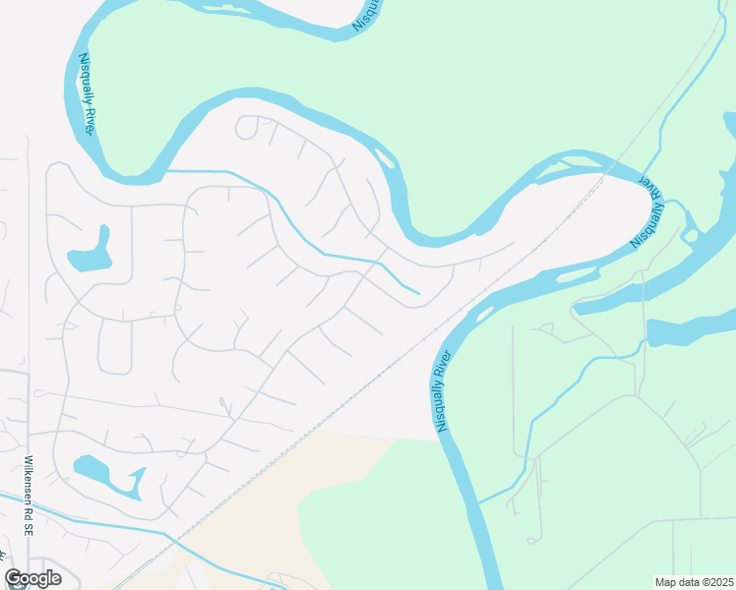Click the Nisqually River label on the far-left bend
(88, 94)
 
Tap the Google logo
(32, 578)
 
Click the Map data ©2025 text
(694, 582)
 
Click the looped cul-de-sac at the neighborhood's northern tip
(247, 126)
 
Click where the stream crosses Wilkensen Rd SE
(29, 504)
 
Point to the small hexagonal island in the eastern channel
(691, 235)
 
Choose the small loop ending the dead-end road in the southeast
(532, 539)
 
